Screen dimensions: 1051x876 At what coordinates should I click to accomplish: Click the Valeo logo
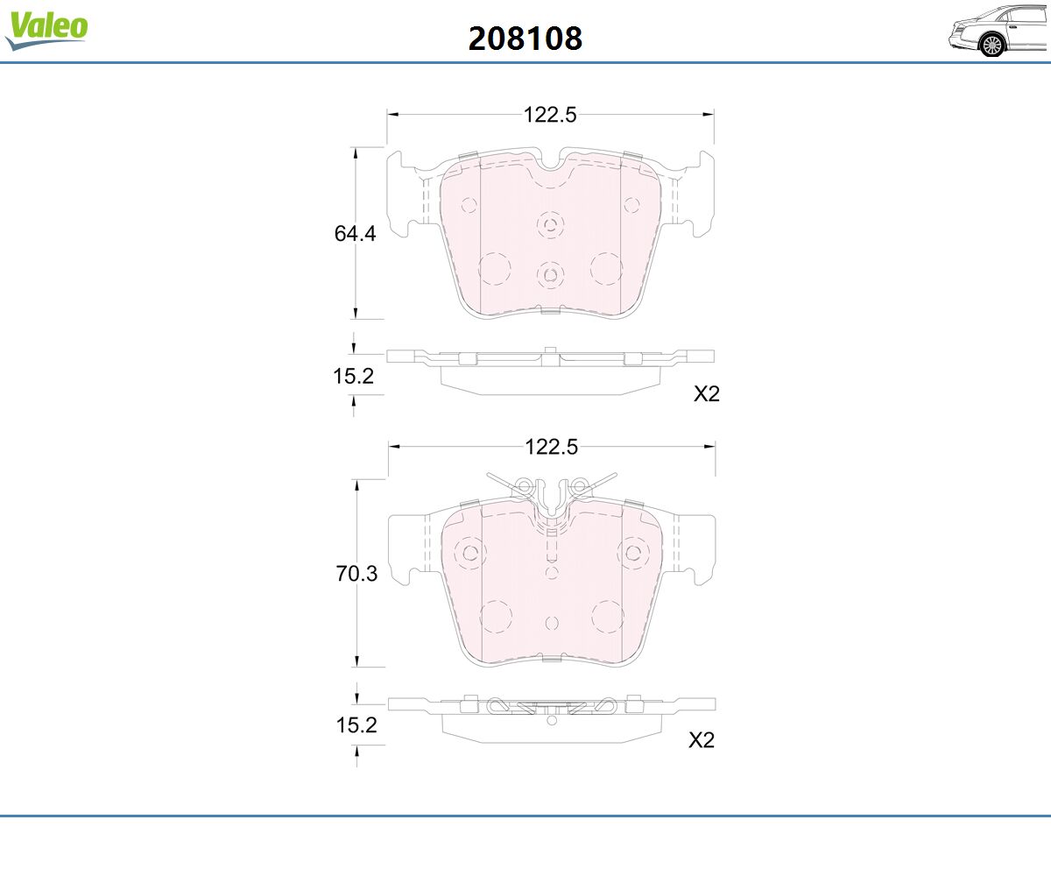click(x=46, y=30)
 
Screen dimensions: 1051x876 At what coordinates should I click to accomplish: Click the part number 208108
click(x=525, y=39)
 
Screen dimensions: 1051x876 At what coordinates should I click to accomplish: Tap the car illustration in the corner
click(x=998, y=31)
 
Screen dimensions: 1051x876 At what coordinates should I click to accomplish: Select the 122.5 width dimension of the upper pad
click(x=550, y=115)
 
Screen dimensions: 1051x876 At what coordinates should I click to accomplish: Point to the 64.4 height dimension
click(x=355, y=234)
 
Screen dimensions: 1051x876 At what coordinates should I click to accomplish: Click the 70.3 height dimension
click(x=356, y=574)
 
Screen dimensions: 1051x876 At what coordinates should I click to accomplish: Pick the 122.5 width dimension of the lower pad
click(x=551, y=447)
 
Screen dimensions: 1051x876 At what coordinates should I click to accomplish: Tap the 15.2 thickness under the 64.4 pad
click(x=353, y=376)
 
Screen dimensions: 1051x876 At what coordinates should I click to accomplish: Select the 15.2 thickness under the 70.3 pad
click(x=356, y=725)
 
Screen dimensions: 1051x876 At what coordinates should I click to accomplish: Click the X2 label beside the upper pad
click(x=707, y=393)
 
